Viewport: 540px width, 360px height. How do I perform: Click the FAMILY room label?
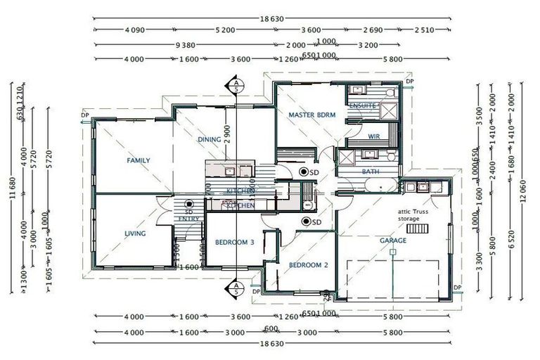pos(138,160)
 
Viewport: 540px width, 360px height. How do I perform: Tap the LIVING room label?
pos(135,234)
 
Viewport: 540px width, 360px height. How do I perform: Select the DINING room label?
pos(209,139)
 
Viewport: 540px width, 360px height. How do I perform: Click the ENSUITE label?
pos(361,106)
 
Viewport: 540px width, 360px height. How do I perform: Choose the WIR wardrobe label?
pos(374,136)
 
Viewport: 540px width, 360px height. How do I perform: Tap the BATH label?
pos(371,172)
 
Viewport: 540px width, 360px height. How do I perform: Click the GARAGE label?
pos(393,240)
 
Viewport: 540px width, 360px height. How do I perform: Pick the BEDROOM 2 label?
pos(309,265)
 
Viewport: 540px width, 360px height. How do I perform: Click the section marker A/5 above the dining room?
pos(236,86)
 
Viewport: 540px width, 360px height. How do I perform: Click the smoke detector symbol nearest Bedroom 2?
pos(307,222)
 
